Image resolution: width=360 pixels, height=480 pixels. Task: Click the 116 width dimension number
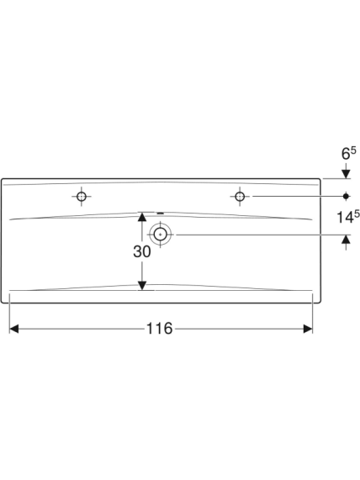[159, 329]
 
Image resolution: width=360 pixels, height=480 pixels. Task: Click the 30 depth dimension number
[142, 251]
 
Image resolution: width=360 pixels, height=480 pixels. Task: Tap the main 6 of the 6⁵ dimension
[346, 154]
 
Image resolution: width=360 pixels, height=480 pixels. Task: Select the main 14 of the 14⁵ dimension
[346, 217]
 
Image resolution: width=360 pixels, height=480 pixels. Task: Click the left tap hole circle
[82, 196]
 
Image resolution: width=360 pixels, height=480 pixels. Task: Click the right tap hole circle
[240, 196]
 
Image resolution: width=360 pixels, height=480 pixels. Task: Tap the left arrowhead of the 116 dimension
[14, 329]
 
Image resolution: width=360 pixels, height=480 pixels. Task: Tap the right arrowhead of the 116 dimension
[308, 329]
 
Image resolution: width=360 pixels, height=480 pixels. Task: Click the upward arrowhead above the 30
[142, 217]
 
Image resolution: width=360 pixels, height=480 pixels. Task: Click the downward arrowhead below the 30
[142, 285]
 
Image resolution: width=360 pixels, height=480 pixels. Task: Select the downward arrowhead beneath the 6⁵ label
[346, 173]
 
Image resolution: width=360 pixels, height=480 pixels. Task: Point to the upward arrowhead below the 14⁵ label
[346, 240]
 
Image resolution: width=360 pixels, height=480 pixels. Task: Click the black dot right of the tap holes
[346, 196]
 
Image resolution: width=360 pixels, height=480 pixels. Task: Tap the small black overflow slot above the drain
[161, 213]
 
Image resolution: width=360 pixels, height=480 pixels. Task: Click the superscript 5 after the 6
[354, 150]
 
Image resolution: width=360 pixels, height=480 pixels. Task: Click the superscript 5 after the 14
[357, 214]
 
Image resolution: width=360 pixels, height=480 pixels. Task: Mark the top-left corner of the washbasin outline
[2, 179]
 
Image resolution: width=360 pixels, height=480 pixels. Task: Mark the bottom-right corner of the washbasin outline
[320, 303]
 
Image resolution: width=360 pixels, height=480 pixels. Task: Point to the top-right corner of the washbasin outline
[320, 179]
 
